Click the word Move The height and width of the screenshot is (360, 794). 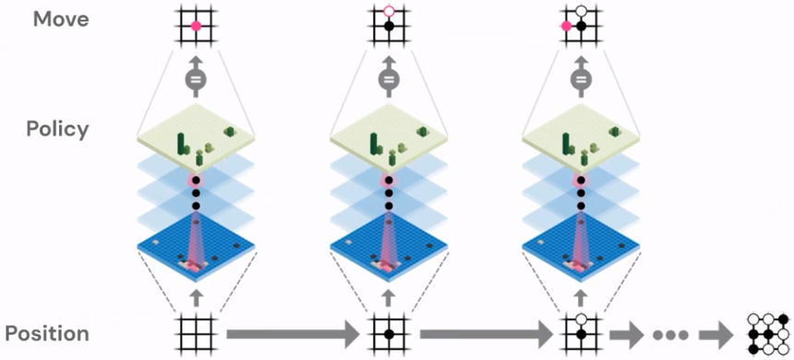click(x=61, y=19)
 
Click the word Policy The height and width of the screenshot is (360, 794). click(x=58, y=128)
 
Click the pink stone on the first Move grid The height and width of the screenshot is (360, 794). click(x=196, y=27)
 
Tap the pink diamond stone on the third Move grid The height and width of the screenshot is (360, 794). click(x=567, y=27)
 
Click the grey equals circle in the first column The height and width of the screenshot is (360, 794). click(x=196, y=80)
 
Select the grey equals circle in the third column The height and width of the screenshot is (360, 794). click(x=581, y=80)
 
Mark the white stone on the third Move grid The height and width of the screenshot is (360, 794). click(x=581, y=12)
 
